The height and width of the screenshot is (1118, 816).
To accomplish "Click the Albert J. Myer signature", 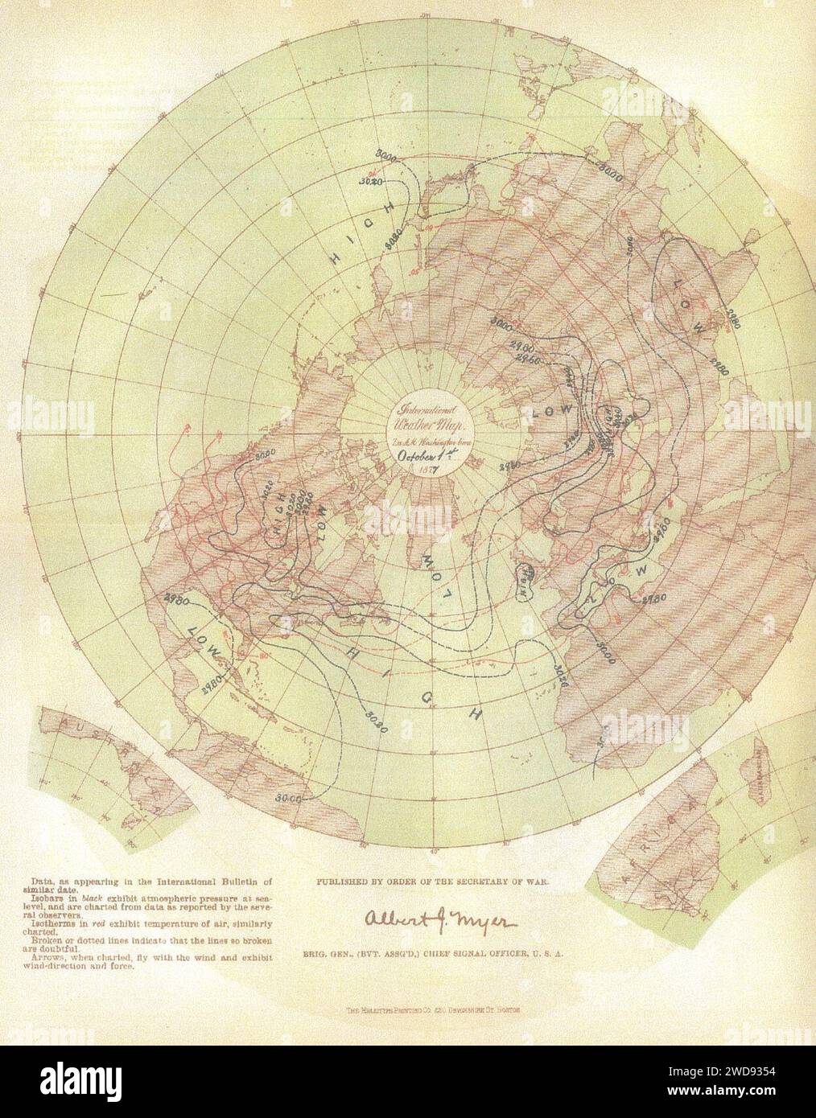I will coord(411,920).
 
